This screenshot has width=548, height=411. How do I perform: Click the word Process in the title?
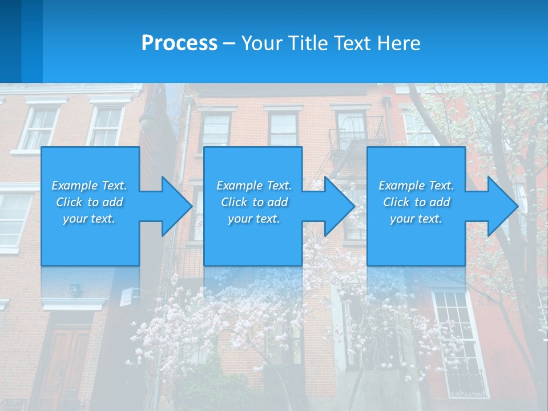pos(179,43)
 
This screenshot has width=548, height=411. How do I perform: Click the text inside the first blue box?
pos(90,202)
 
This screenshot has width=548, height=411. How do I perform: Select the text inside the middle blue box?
pos(254,202)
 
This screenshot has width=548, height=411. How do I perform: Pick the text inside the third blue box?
pos(416,202)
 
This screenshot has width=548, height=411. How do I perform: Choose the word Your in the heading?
pos(260,43)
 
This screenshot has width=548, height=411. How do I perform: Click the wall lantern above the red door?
pos(75,290)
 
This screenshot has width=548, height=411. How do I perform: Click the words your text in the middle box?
pos(254,218)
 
